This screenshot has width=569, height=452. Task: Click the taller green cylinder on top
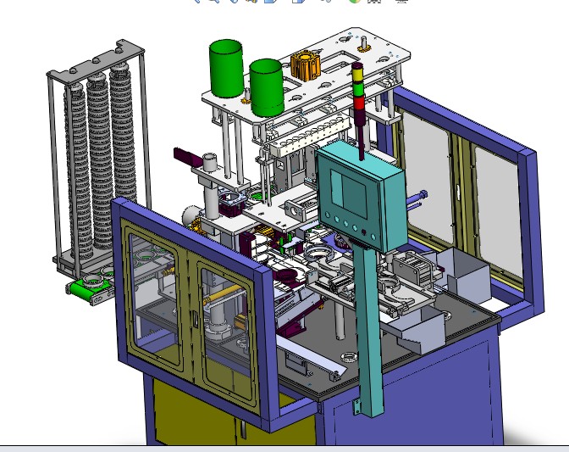coord(226,68)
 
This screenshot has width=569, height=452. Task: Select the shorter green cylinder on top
coord(266,87)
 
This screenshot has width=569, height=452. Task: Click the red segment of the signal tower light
coord(359,103)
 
